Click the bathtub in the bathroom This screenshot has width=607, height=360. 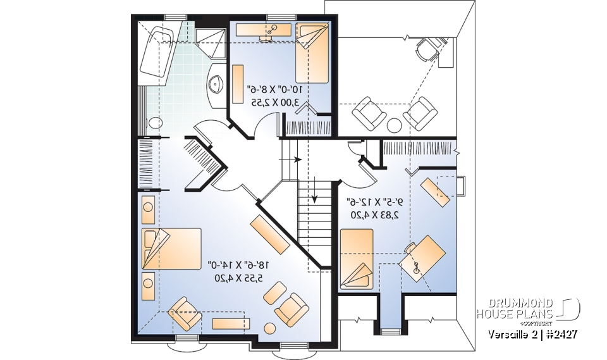coord(157,54)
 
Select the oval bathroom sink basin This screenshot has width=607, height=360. coord(216,85)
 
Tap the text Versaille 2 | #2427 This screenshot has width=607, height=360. coord(531,333)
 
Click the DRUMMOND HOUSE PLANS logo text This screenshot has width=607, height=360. coord(515,309)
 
